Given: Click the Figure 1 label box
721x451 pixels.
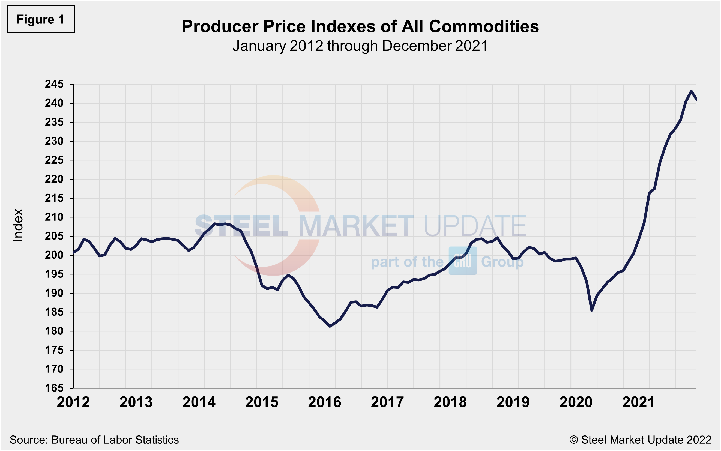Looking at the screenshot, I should tap(41, 19).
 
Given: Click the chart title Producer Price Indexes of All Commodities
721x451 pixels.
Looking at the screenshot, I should tap(360, 26).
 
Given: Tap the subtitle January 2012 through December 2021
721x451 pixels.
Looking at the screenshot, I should tap(360, 46).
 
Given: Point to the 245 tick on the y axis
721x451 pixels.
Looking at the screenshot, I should tap(54, 84).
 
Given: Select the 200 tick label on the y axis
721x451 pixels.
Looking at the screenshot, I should tap(54, 255).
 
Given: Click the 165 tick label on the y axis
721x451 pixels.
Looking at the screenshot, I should tap(54, 388).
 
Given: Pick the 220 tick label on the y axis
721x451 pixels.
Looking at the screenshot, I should tap(54, 179).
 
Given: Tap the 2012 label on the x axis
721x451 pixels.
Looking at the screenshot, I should tap(73, 402).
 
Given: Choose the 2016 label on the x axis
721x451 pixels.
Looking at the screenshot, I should tap(324, 402).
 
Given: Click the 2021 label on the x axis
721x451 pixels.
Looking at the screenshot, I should tap(638, 402).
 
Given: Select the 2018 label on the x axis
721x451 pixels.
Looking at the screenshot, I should tap(450, 402).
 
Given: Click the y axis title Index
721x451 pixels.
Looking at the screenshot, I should tap(17, 225).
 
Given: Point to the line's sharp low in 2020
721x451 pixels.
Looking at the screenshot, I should tap(592, 310).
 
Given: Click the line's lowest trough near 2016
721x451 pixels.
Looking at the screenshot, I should tap(330, 326).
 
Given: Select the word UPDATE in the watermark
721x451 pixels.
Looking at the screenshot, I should tap(475, 226).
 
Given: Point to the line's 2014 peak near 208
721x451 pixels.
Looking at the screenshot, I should tap(215, 224).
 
